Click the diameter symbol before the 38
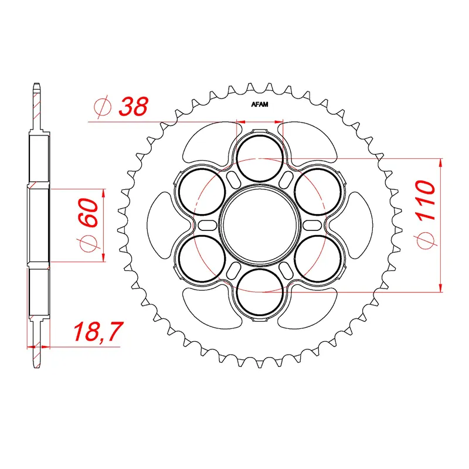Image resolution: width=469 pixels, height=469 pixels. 101,107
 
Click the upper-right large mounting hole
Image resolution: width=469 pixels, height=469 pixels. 317,191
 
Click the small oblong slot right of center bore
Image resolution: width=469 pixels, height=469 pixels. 311,225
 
